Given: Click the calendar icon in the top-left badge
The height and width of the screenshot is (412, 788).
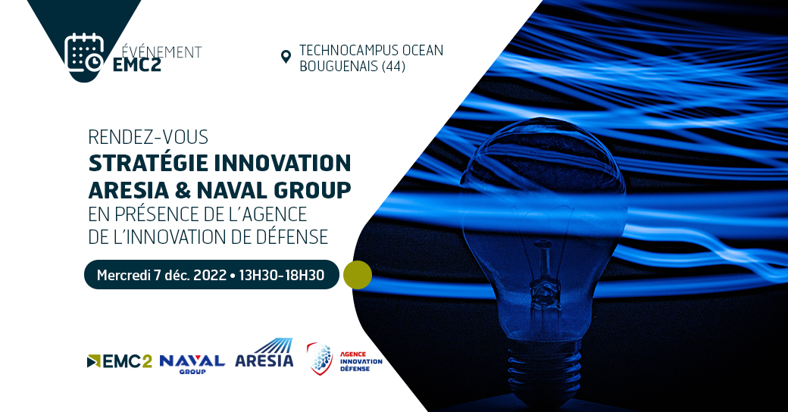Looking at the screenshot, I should point(83,52).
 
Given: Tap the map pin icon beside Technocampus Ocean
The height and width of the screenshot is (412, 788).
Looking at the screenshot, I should point(286,57).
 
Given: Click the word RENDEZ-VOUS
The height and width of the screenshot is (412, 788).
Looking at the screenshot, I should point(148,138).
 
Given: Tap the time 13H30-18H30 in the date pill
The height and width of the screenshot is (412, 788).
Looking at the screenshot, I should point(281,276).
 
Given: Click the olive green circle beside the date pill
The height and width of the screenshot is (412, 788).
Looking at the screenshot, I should point(358,275).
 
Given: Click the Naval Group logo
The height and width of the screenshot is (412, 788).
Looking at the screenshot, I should point(192,362).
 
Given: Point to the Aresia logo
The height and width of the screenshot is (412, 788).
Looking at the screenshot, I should point(264,354).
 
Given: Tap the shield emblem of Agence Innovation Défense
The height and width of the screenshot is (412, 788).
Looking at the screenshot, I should point(320,359).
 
